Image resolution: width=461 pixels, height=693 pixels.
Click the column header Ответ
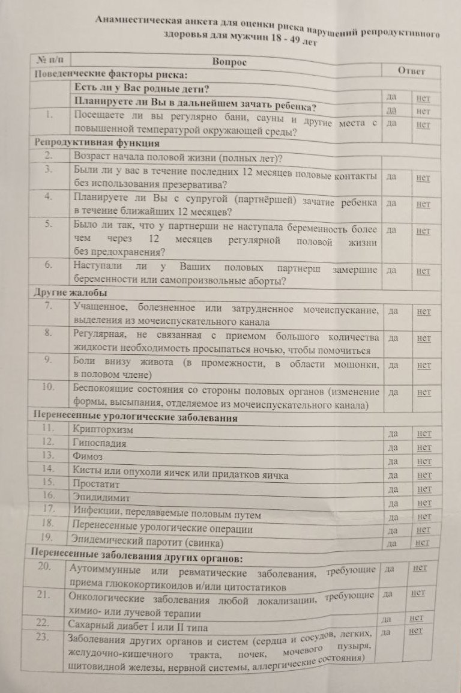point(411,71)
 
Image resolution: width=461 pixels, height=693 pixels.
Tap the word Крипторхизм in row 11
point(103,430)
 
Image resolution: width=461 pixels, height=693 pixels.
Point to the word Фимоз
point(86,456)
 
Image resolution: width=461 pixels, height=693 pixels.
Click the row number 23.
point(41,637)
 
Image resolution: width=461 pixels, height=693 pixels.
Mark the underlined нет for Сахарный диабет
point(415,617)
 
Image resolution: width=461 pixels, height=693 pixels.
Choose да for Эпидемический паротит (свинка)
point(393,543)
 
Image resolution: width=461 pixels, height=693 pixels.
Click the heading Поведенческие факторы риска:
point(110,75)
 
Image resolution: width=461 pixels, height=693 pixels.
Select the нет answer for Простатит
point(424,489)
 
